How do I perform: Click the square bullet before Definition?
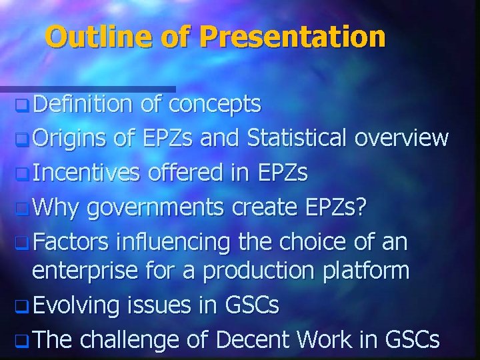[x=23, y=105]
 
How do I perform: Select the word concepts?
[x=214, y=104]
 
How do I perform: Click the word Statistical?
[x=297, y=138]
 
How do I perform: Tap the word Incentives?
[x=86, y=173]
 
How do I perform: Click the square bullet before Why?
[x=23, y=207]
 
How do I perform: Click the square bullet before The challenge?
[x=23, y=341]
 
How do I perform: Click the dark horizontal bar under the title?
[x=87, y=89]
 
